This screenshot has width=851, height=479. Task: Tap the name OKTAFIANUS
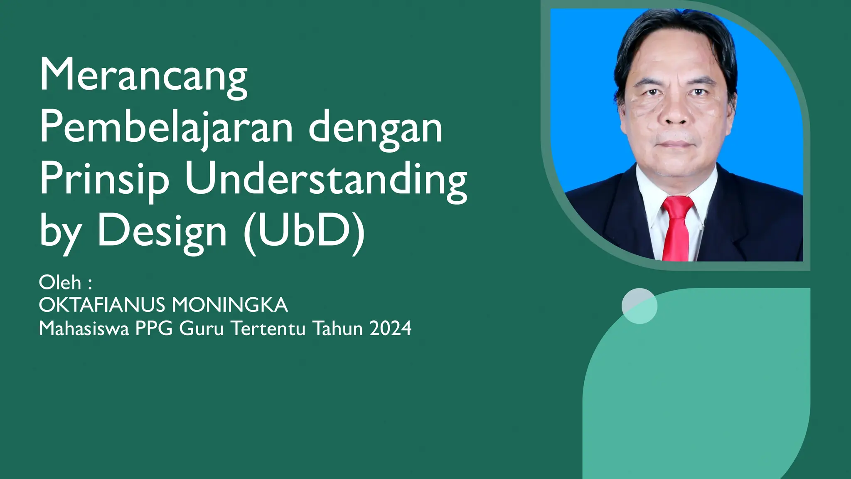coord(102,305)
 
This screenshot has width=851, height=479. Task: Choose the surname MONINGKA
coord(230,305)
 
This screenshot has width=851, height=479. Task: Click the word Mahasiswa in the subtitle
coord(84,328)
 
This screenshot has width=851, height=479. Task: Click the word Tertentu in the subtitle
coord(269,328)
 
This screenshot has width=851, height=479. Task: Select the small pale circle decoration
coord(639,306)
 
